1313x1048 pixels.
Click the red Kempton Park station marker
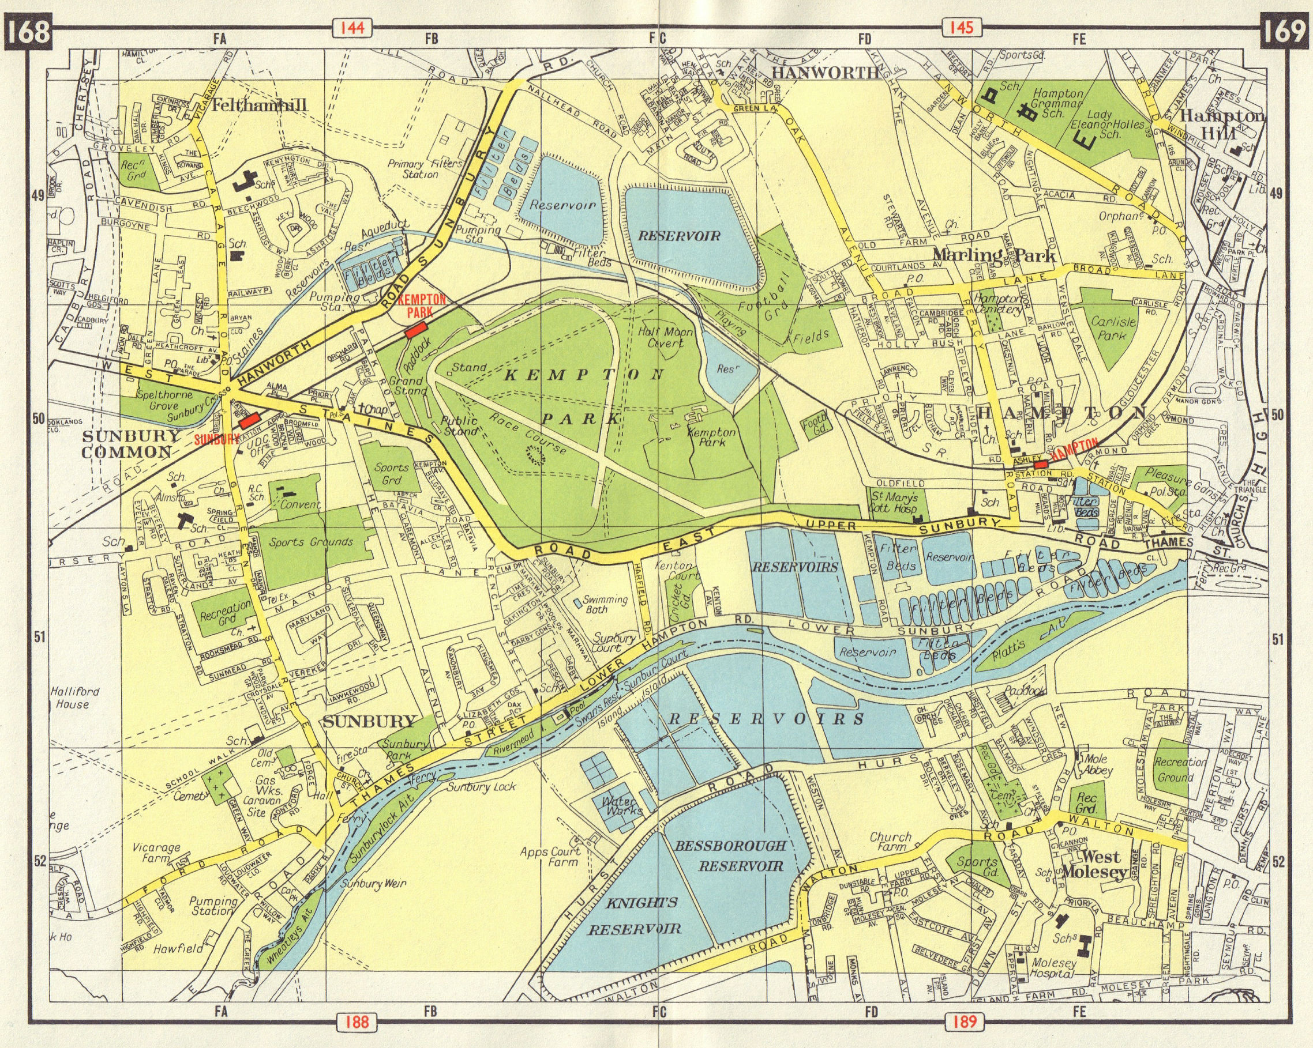[417, 330]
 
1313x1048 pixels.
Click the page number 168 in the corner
[29, 32]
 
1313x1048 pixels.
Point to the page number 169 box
[1284, 32]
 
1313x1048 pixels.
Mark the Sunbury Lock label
[481, 787]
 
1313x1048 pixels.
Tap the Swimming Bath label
[605, 604]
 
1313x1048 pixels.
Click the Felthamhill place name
[260, 105]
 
